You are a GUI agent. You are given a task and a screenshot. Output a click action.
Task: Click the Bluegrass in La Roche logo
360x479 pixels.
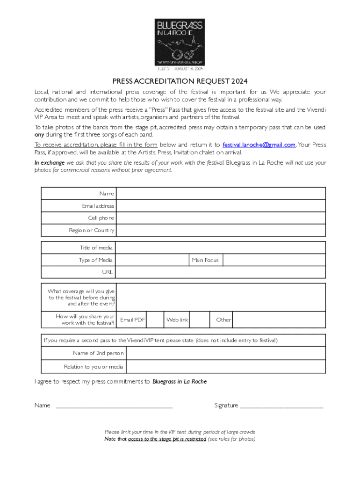tap(180, 42)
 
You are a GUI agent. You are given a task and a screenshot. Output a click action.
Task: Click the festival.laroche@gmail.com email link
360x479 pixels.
tap(259, 145)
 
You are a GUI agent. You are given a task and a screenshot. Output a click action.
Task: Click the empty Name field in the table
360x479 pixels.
tap(220, 194)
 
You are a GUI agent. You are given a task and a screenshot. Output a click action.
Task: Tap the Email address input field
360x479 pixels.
tap(220, 206)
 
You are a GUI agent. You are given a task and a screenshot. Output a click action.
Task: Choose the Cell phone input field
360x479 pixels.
tap(220, 218)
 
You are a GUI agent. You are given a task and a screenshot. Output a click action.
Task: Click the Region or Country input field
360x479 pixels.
tap(220, 230)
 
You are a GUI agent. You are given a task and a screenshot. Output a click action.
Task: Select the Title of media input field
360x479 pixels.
tap(220, 248)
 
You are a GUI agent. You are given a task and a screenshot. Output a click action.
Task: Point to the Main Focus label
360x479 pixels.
tap(205, 260)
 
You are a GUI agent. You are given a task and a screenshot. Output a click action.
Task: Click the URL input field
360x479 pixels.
tap(220, 272)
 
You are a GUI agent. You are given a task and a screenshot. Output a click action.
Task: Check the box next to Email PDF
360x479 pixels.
tap(155, 319)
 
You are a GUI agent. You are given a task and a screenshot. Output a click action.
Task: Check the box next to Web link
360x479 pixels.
tap(199, 319)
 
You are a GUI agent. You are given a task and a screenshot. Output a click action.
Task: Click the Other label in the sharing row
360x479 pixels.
tap(223, 320)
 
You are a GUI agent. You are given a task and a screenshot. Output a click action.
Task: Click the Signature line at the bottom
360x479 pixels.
tap(281, 406)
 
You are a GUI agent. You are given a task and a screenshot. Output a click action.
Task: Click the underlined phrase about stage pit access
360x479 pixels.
tap(167, 439)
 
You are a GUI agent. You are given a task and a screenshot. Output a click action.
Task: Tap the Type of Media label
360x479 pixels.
tap(95, 260)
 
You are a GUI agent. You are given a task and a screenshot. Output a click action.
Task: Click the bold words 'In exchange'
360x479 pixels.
tap(50, 163)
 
